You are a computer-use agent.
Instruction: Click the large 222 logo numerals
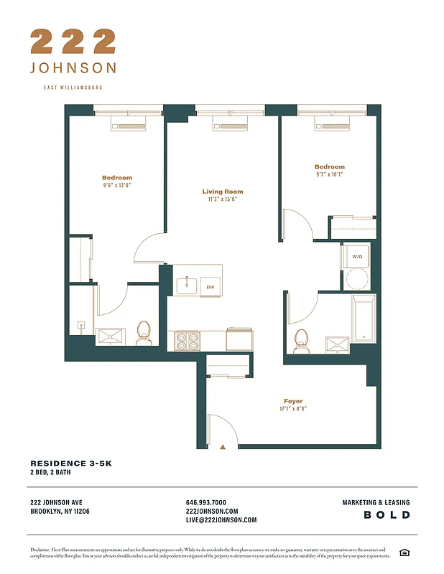(73, 42)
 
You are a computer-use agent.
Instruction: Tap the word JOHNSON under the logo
(73, 68)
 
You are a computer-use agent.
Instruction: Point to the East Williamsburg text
(73, 88)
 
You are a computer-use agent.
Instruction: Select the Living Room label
(222, 192)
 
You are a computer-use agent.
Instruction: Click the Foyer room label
(292, 401)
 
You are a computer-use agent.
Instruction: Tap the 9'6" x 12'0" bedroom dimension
(116, 185)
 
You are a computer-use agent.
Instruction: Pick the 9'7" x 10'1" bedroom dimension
(329, 174)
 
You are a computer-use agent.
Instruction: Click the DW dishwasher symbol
(211, 287)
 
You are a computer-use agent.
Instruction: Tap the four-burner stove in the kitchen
(188, 340)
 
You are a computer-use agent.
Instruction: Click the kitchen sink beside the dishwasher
(188, 286)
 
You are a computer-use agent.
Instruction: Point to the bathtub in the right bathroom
(364, 319)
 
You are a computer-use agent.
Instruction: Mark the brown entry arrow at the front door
(223, 446)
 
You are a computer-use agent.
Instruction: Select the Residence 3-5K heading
(71, 464)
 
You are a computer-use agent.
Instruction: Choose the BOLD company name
(387, 515)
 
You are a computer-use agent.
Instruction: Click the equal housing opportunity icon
(404, 552)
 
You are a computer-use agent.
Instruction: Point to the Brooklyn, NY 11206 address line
(60, 511)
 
